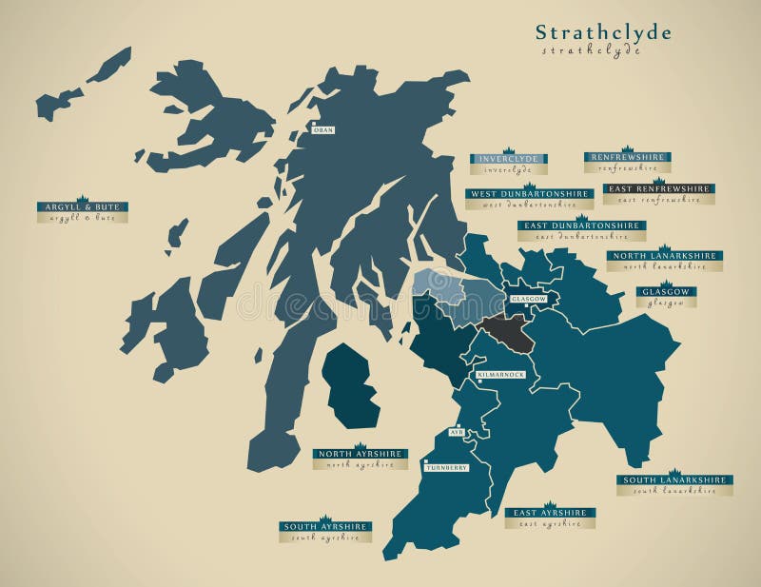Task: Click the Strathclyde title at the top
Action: click(603, 33)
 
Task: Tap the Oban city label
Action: click(323, 129)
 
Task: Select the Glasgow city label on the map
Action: click(529, 299)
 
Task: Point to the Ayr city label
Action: click(456, 431)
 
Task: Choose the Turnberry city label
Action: click(446, 468)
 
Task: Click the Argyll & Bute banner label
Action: click(83, 206)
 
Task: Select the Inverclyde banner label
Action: click(509, 159)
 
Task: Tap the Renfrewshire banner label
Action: click(628, 157)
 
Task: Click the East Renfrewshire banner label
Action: click(659, 188)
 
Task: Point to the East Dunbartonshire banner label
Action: click(581, 225)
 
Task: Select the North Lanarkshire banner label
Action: click(665, 255)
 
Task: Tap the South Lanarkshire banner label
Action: click(674, 479)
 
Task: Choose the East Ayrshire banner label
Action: click(550, 512)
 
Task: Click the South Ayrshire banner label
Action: click(325, 526)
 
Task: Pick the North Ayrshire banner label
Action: click(360, 454)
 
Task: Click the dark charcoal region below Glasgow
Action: click(506, 333)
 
